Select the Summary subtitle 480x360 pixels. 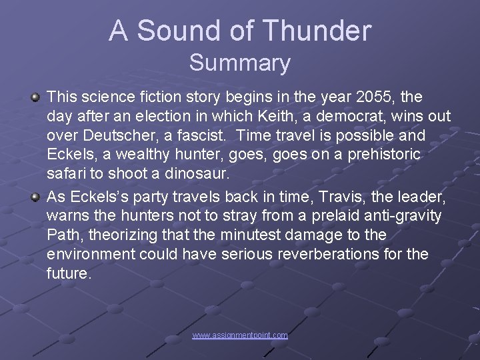click(x=240, y=63)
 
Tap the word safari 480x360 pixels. click(x=65, y=175)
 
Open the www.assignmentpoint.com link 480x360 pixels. click(x=240, y=335)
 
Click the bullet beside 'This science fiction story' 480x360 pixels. click(x=36, y=98)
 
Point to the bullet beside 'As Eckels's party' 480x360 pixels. click(x=36, y=197)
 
